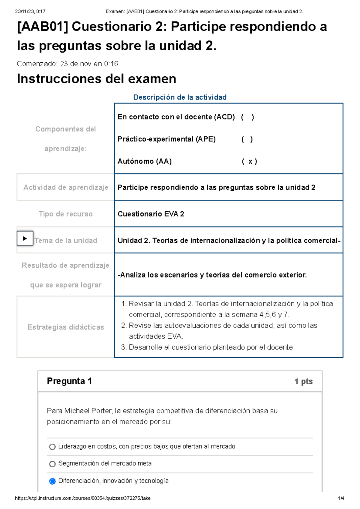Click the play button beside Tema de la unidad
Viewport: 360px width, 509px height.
click(25, 239)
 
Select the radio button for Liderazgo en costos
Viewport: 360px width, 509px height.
click(52, 447)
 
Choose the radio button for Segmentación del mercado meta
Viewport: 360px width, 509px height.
click(52, 464)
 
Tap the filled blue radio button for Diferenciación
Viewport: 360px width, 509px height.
click(52, 481)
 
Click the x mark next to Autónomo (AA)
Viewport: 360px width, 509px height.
click(250, 162)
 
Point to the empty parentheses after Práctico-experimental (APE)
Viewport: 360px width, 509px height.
click(247, 139)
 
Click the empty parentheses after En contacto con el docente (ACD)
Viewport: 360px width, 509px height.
click(247, 117)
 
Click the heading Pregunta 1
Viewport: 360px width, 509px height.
click(69, 381)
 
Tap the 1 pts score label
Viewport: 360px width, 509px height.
click(303, 381)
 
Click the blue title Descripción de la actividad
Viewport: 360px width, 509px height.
click(180, 97)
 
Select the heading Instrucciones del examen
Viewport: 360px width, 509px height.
click(97, 79)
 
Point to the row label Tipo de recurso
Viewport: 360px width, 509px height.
click(66, 214)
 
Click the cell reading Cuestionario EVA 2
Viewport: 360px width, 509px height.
click(151, 214)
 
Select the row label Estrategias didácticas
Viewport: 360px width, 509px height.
click(66, 327)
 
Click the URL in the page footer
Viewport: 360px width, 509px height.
click(82, 498)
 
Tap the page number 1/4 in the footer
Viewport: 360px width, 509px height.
click(341, 498)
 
